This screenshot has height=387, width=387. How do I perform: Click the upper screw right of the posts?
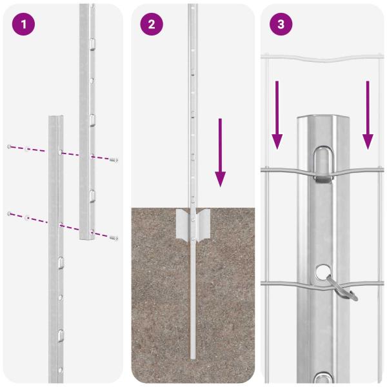click(x=114, y=159)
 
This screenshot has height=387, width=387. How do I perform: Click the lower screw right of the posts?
click(x=115, y=237)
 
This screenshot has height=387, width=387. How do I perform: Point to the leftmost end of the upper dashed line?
click(x=8, y=147)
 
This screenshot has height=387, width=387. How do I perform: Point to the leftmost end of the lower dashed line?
click(x=8, y=213)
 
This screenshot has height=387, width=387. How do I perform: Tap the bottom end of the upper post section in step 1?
click(x=87, y=237)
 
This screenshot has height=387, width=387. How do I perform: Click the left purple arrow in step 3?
click(x=277, y=113)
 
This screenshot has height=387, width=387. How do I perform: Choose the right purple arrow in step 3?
click(x=368, y=113)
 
